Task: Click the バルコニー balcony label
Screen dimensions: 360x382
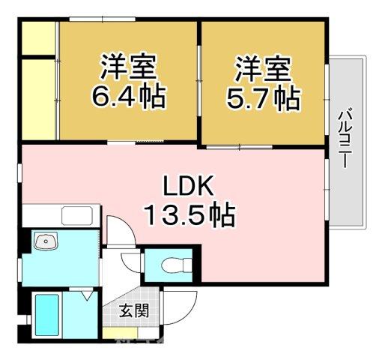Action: pos(345,139)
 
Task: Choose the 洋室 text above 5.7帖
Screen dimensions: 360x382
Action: pos(263,69)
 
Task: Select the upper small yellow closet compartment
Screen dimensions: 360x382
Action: pos(37,37)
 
